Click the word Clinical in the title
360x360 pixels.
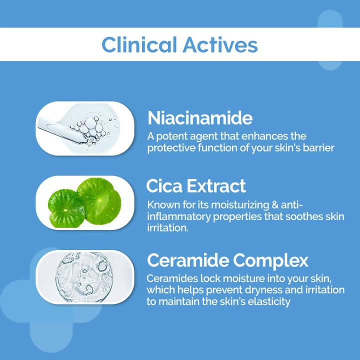[x=138, y=44]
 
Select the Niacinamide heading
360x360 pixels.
[x=200, y=118]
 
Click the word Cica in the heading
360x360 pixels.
[x=164, y=186]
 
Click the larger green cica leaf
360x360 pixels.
[x=99, y=200]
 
